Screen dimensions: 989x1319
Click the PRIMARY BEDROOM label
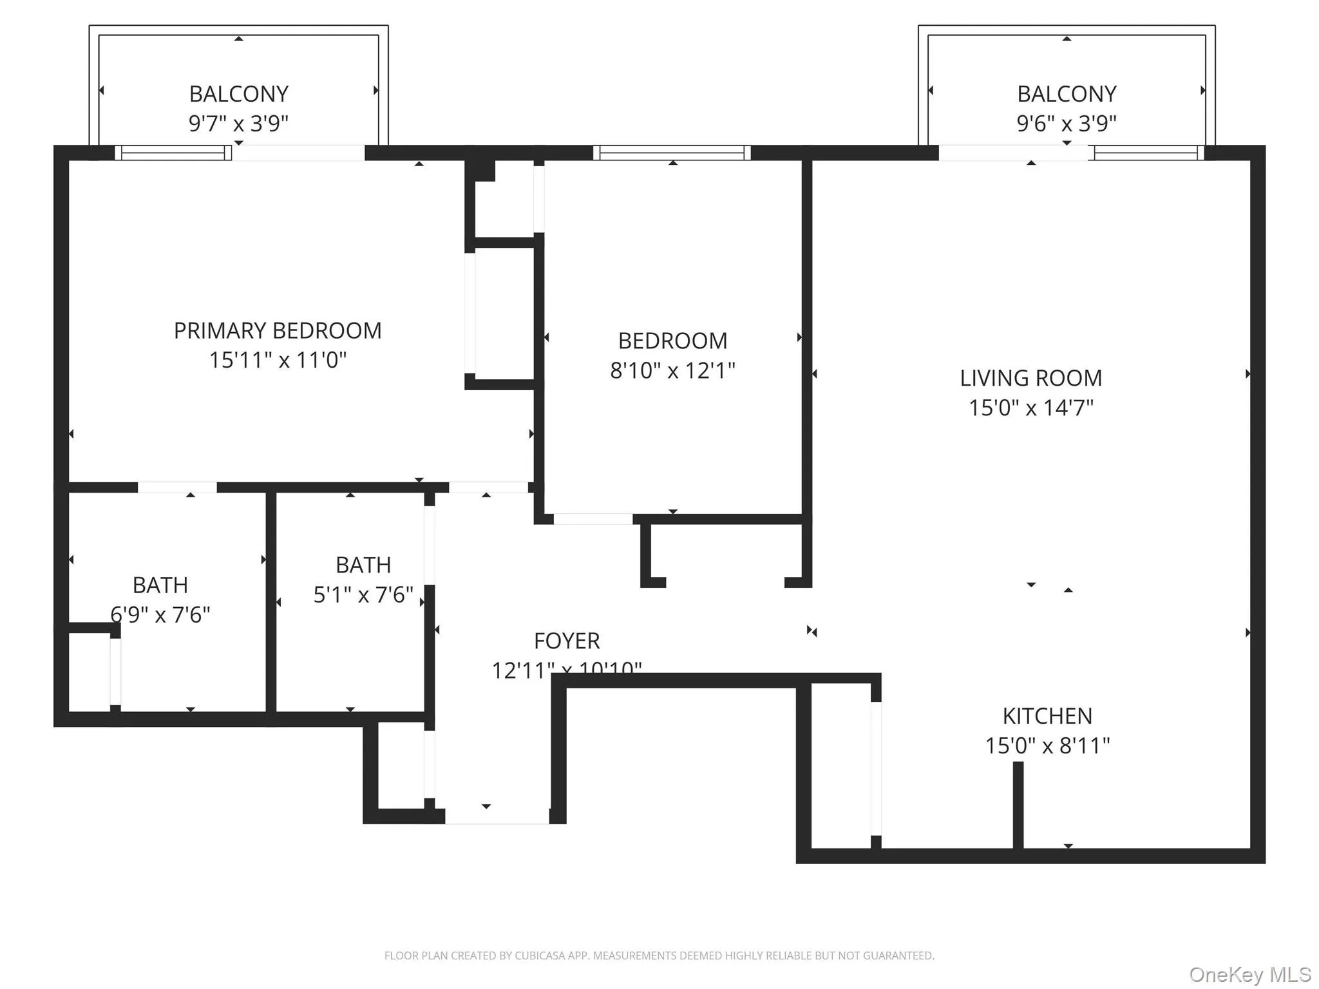[x=278, y=331]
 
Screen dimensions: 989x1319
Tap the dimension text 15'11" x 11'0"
[x=278, y=360]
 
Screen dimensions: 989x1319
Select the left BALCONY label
[x=238, y=94]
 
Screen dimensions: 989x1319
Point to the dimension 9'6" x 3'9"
[x=1067, y=123]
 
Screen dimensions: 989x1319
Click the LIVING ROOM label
[x=1031, y=378]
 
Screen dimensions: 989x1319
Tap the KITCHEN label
[x=1047, y=716]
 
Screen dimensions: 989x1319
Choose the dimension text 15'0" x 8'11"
[x=1047, y=746]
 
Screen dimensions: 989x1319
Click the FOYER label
[x=567, y=641]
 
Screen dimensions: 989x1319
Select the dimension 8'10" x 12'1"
[x=672, y=370]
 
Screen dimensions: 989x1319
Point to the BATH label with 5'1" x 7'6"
[x=363, y=565]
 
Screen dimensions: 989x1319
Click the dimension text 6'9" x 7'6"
[x=160, y=615]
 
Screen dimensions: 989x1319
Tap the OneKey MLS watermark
[x=1249, y=974]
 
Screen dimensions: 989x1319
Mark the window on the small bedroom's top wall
[x=672, y=153]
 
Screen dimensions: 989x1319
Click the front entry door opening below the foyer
[x=497, y=816]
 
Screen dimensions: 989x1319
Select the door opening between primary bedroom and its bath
[x=177, y=487]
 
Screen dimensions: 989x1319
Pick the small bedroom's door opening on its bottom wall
[x=593, y=519]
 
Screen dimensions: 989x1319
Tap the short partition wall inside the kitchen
[x=1018, y=805]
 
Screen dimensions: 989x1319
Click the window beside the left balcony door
[x=173, y=153]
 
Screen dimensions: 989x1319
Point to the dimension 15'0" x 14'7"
[x=1031, y=408]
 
